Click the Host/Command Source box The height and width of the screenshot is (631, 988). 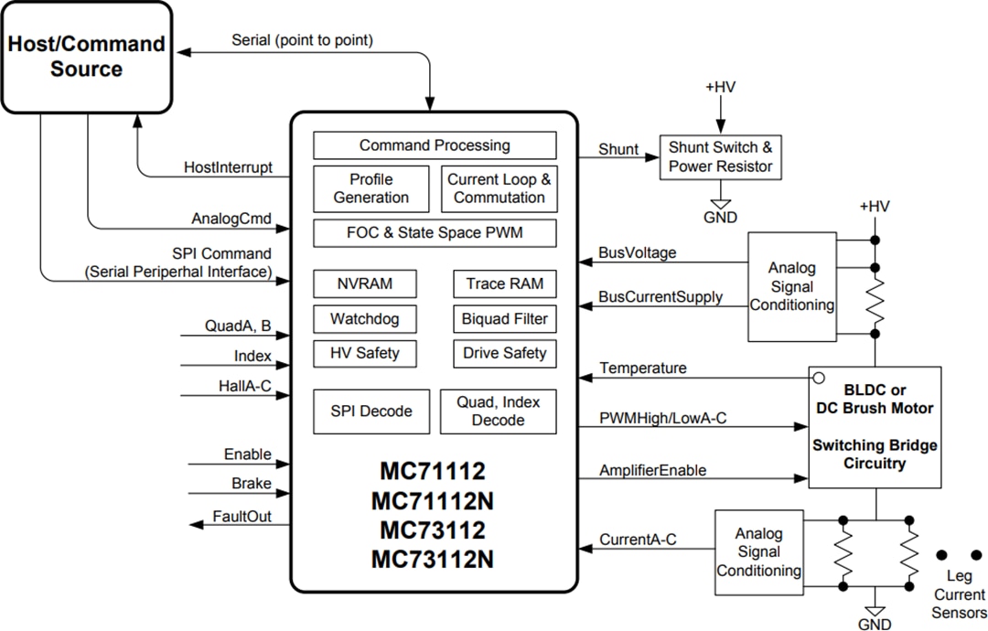86,57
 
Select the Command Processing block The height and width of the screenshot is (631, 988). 435,145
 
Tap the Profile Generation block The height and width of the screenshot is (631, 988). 370,188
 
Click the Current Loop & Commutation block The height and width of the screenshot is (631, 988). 499,188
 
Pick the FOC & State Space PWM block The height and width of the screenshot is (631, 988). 435,232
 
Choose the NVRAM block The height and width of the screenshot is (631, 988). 365,283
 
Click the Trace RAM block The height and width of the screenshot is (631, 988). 504,283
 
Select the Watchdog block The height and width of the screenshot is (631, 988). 365,318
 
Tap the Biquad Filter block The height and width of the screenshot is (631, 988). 504,318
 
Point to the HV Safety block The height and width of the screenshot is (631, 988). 365,353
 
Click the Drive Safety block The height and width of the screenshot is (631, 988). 504,353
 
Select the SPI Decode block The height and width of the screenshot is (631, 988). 370,412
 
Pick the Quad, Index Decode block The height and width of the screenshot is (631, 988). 499,412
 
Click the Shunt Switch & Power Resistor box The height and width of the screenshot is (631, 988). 721,157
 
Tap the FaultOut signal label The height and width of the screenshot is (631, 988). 242,517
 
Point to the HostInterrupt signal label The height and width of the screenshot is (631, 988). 228,167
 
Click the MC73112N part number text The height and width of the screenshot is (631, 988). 433,559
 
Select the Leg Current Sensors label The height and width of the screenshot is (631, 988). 959,594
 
